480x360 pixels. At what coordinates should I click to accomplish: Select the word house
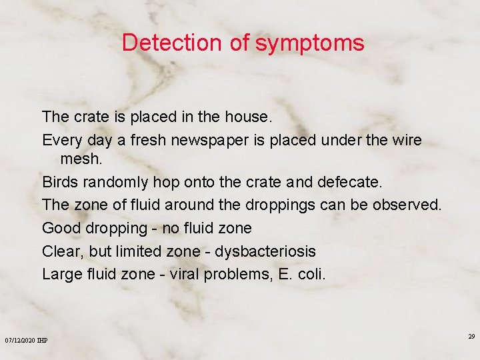click(248, 117)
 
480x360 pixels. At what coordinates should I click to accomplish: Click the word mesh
click(82, 160)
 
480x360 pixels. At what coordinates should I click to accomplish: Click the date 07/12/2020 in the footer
click(20, 341)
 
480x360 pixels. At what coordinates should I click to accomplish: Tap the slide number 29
click(471, 337)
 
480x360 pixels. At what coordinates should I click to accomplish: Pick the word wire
click(407, 141)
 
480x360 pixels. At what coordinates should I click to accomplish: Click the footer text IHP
click(43, 341)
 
